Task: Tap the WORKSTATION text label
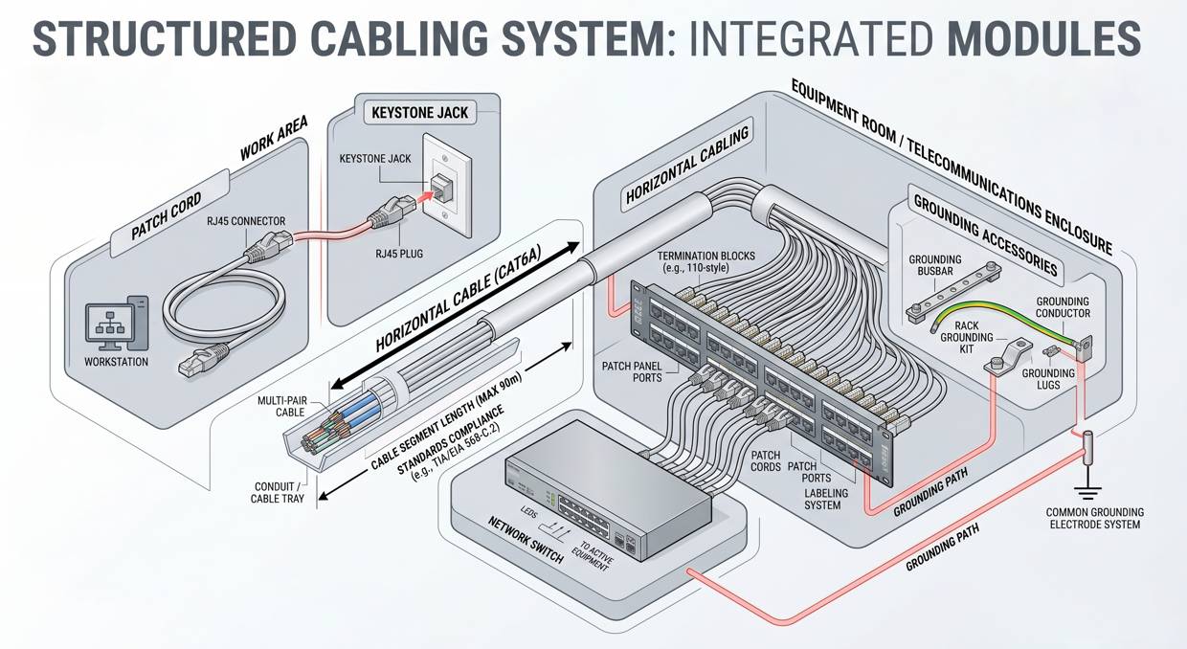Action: pos(117,362)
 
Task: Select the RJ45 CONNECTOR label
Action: pos(246,221)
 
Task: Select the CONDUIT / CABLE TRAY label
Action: pos(280,492)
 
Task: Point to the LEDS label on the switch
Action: pos(529,514)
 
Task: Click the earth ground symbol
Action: pos(1087,492)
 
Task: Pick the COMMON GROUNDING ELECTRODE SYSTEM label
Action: pos(1094,519)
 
